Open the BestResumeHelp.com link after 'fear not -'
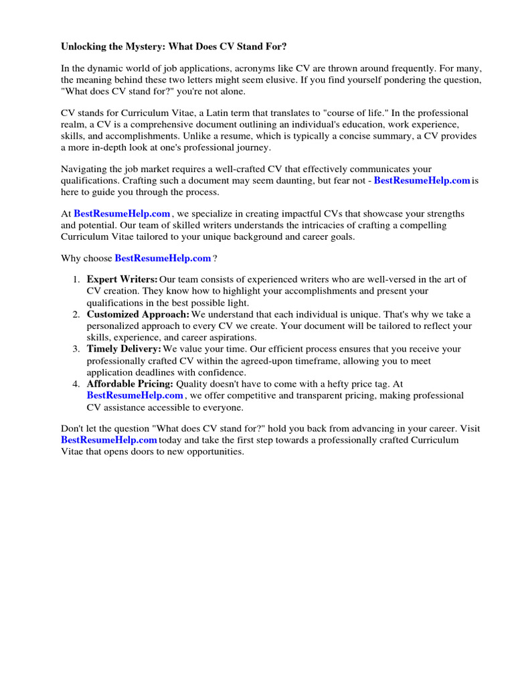(x=422, y=181)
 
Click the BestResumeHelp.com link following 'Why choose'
(x=163, y=258)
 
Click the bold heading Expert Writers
(x=122, y=279)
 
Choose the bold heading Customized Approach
(x=138, y=314)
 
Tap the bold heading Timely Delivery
(x=124, y=349)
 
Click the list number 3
(x=76, y=349)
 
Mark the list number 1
(x=76, y=279)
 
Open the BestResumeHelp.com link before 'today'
(x=108, y=440)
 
